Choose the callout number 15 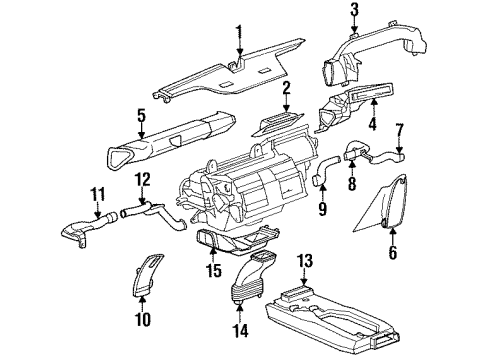[x=211, y=270]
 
